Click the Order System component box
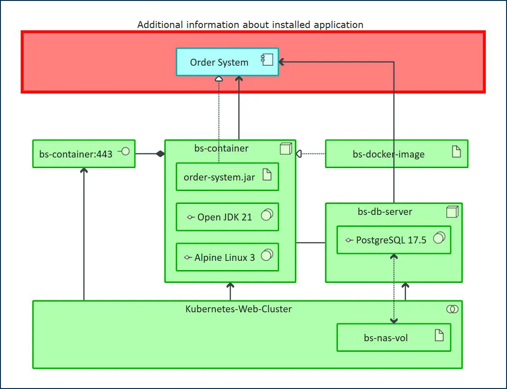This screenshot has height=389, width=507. coord(220,62)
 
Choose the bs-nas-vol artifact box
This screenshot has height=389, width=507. coord(386,338)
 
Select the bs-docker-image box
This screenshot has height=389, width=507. coord(389,154)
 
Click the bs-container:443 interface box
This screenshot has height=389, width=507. coord(76,154)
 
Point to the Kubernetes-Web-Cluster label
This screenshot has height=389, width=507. coord(238,309)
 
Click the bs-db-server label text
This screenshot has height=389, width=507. coord(385,212)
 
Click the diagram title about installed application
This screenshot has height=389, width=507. coord(250,25)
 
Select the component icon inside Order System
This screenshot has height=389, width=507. coord(267,60)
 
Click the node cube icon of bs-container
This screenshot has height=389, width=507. coord(286,148)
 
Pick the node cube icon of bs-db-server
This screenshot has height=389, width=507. coord(452,211)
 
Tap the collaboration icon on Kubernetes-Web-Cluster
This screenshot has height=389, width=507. coord(452,310)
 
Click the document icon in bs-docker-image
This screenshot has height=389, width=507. coord(456,152)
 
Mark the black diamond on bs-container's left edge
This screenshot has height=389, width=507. coord(160,154)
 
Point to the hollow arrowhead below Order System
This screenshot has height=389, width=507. coord(219,79)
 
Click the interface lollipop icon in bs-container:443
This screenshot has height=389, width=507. coord(124,152)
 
